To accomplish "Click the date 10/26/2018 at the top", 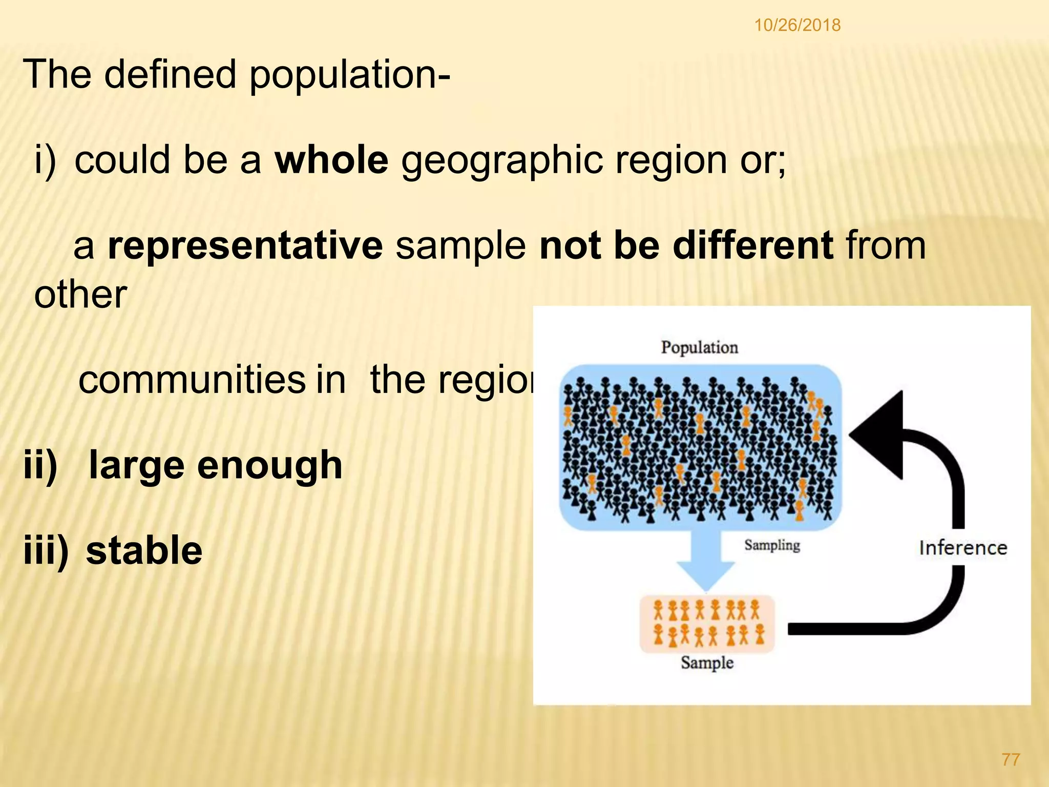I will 797,25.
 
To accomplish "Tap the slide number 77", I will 1011,759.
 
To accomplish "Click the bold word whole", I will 331,160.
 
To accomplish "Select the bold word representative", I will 245,245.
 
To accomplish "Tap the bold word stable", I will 144,550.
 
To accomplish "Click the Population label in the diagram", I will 699,347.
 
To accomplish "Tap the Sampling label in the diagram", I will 772,545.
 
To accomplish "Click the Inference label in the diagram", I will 963,548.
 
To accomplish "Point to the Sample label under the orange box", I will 707,662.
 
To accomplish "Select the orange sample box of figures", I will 707,624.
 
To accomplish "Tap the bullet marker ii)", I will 40,465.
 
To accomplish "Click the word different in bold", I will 753,245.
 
